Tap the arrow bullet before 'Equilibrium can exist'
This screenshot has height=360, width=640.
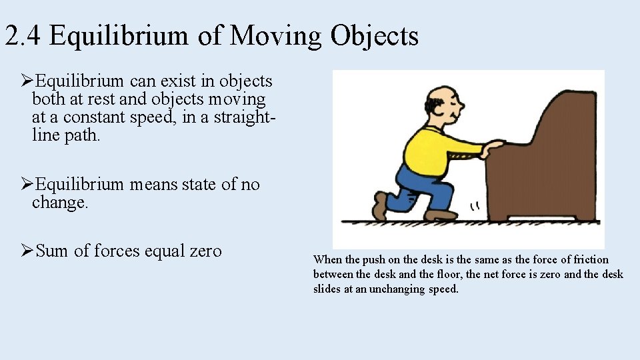(27, 81)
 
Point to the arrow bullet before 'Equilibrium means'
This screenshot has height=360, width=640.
(27, 185)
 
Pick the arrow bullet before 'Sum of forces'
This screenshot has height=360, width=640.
(27, 251)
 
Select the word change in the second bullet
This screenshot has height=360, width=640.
(59, 203)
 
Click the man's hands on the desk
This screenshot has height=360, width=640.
(495, 145)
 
